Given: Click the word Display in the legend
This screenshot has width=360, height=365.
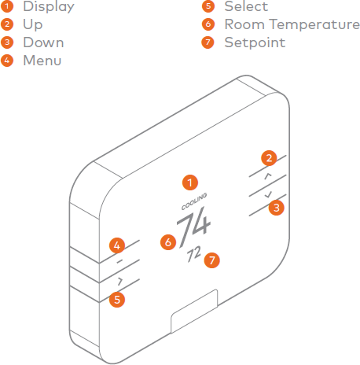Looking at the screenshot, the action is pos(49,6).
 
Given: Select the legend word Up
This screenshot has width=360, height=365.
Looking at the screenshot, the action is pos(33,25).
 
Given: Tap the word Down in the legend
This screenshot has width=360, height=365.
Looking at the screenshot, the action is pos(43,42).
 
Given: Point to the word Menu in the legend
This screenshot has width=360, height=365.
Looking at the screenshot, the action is pos(42,61).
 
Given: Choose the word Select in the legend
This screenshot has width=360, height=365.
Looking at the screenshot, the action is pos(246,6).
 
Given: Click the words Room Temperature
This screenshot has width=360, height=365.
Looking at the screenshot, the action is pos(292,24).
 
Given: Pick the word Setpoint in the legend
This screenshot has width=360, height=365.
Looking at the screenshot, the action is pos(255,42).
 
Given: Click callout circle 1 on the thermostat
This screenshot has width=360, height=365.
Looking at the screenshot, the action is pos(190,182).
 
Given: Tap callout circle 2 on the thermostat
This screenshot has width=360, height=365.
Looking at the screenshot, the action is pos(269,158).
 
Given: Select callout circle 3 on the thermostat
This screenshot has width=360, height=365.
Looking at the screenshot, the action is pos(277,208).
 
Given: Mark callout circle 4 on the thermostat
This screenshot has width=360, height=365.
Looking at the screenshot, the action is pos(117,245).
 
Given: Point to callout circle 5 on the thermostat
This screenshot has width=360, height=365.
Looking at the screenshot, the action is pos(117,300).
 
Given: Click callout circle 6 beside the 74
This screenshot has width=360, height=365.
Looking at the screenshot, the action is pos(168,242).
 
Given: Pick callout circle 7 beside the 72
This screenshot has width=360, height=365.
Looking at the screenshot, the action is pos(211,260).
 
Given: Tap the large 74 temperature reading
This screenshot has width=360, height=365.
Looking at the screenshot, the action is pos(193,227).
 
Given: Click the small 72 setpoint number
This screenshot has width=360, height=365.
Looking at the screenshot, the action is pos(194,253).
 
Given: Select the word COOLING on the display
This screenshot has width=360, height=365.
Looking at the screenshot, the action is pos(194,201).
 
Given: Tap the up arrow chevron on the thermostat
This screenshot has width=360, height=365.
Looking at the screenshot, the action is pos(267,176).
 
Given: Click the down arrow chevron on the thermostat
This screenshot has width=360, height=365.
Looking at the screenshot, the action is pos(268,194).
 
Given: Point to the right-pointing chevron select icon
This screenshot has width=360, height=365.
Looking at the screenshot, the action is pos(120,282).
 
